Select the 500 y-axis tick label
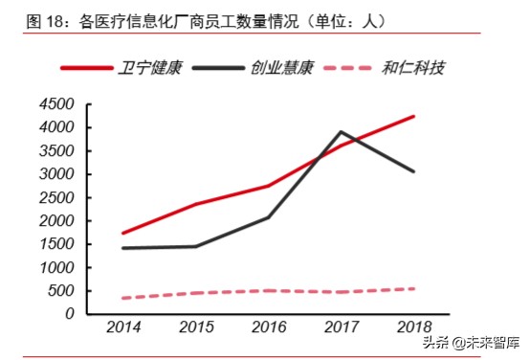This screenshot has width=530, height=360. [x=63, y=291]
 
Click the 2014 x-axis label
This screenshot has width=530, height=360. [x=124, y=328]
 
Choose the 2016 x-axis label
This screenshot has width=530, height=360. [x=270, y=328]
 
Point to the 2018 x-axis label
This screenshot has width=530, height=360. [x=413, y=328]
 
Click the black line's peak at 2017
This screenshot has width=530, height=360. [x=342, y=132]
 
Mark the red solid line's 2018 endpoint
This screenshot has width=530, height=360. [x=413, y=117]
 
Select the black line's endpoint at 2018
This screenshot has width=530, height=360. [x=413, y=171]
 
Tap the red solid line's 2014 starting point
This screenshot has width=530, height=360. [x=124, y=233]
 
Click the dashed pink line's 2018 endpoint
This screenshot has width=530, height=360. [x=413, y=288]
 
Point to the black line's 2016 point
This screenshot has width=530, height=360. [x=269, y=217]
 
